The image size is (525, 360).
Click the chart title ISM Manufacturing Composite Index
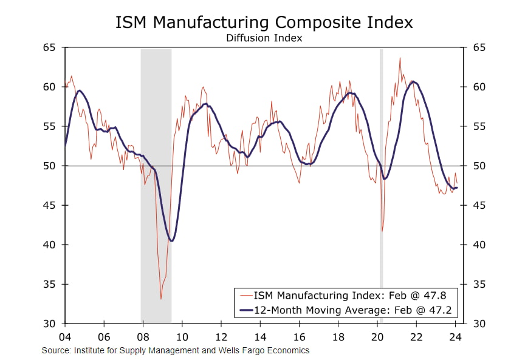tap(264, 22)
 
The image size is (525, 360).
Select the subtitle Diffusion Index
tap(264, 38)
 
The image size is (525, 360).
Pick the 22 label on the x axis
tap(416, 336)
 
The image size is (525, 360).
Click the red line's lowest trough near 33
tap(161, 299)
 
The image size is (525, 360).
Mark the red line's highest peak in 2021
tap(400, 58)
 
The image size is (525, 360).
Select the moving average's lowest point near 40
tap(172, 241)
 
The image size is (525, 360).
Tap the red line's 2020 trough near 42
tap(382, 231)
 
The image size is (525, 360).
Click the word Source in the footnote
tap(53, 350)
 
